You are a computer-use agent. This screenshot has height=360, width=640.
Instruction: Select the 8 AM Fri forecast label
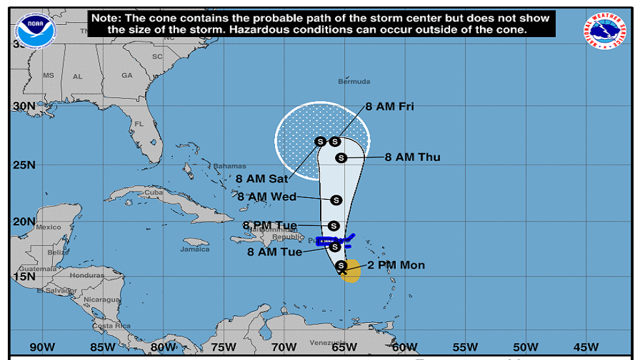point(389,106)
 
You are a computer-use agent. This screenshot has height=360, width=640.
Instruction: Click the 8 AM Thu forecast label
point(412,157)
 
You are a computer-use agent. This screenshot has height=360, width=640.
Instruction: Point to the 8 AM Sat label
point(261,178)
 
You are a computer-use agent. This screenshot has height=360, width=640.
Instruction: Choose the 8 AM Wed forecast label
point(266,197)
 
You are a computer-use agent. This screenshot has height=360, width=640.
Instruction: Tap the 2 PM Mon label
point(396,265)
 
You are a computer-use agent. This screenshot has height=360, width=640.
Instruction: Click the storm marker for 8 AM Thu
point(340,157)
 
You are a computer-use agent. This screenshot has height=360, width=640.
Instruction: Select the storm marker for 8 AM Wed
point(336,200)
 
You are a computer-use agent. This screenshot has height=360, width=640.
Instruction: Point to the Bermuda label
point(355,82)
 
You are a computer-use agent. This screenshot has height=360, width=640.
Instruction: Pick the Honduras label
point(87,275)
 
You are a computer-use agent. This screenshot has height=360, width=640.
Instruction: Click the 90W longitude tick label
point(40,346)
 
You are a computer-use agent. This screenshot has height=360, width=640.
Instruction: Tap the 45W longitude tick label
point(586,346)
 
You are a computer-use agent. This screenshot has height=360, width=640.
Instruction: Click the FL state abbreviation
point(138,123)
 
